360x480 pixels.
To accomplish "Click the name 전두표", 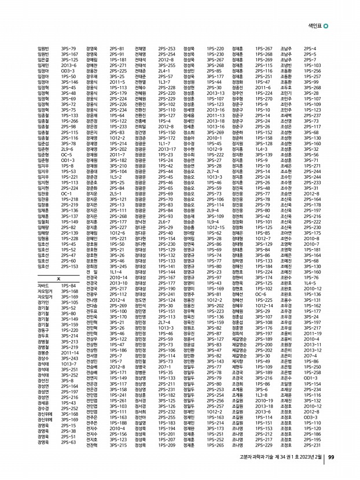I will (x=91, y=311).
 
